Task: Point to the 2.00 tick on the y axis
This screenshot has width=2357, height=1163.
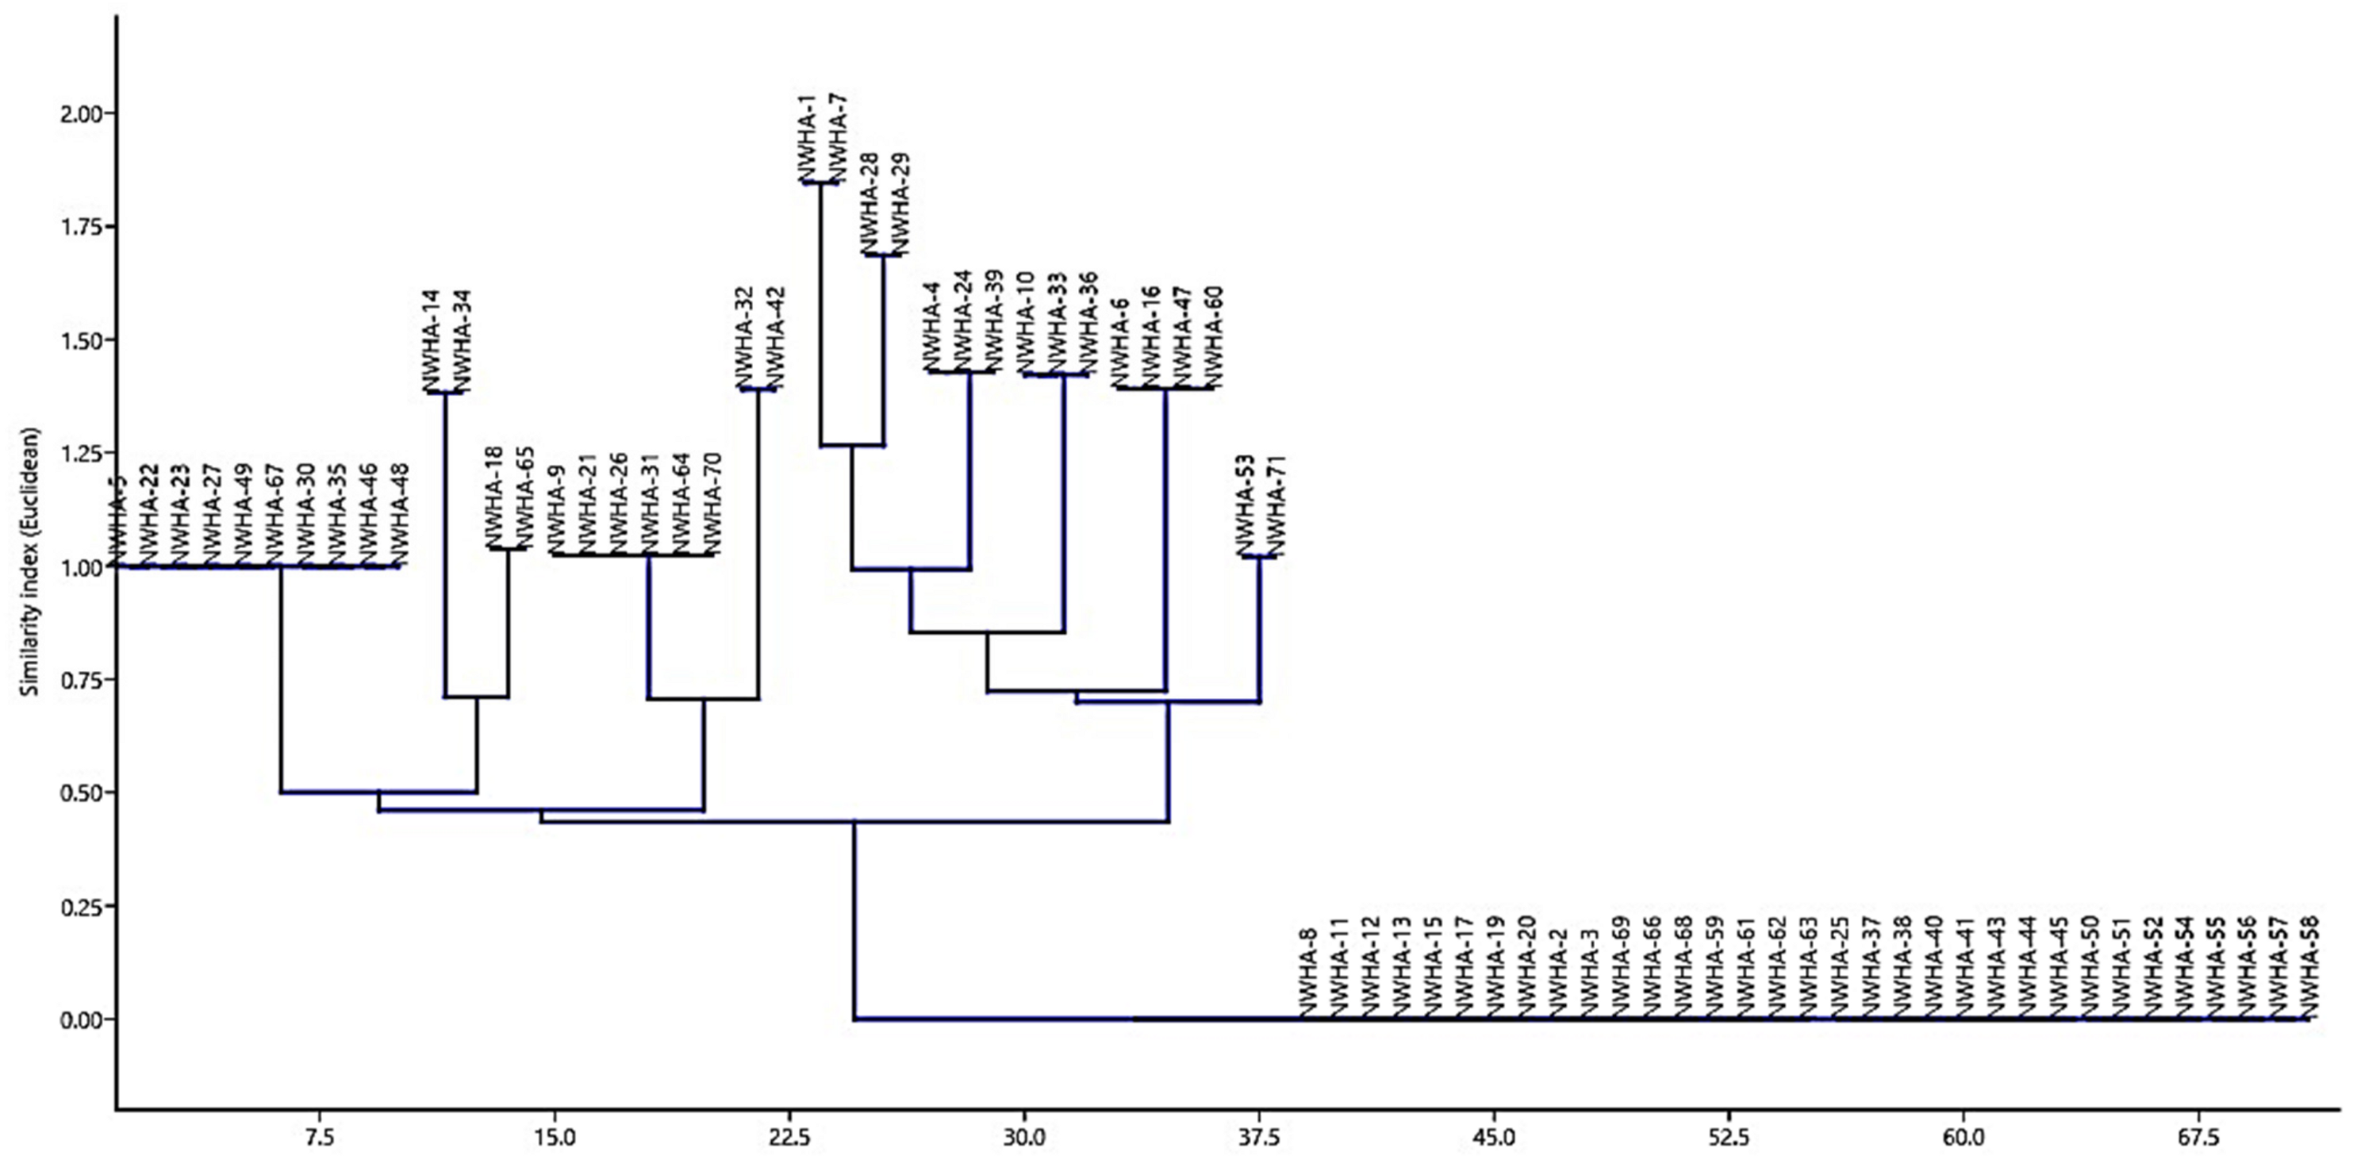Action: point(84,113)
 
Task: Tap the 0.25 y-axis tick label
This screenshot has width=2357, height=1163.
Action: point(84,906)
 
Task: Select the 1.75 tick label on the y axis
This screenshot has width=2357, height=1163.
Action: point(84,227)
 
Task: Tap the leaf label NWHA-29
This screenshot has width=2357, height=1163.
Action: point(900,203)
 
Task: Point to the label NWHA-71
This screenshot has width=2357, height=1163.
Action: point(1277,505)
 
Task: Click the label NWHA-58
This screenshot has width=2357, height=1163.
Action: point(2310,965)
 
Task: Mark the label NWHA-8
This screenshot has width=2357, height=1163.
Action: point(1307,970)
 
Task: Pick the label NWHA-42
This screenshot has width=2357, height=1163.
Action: point(775,339)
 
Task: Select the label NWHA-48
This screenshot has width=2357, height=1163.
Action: point(399,514)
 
